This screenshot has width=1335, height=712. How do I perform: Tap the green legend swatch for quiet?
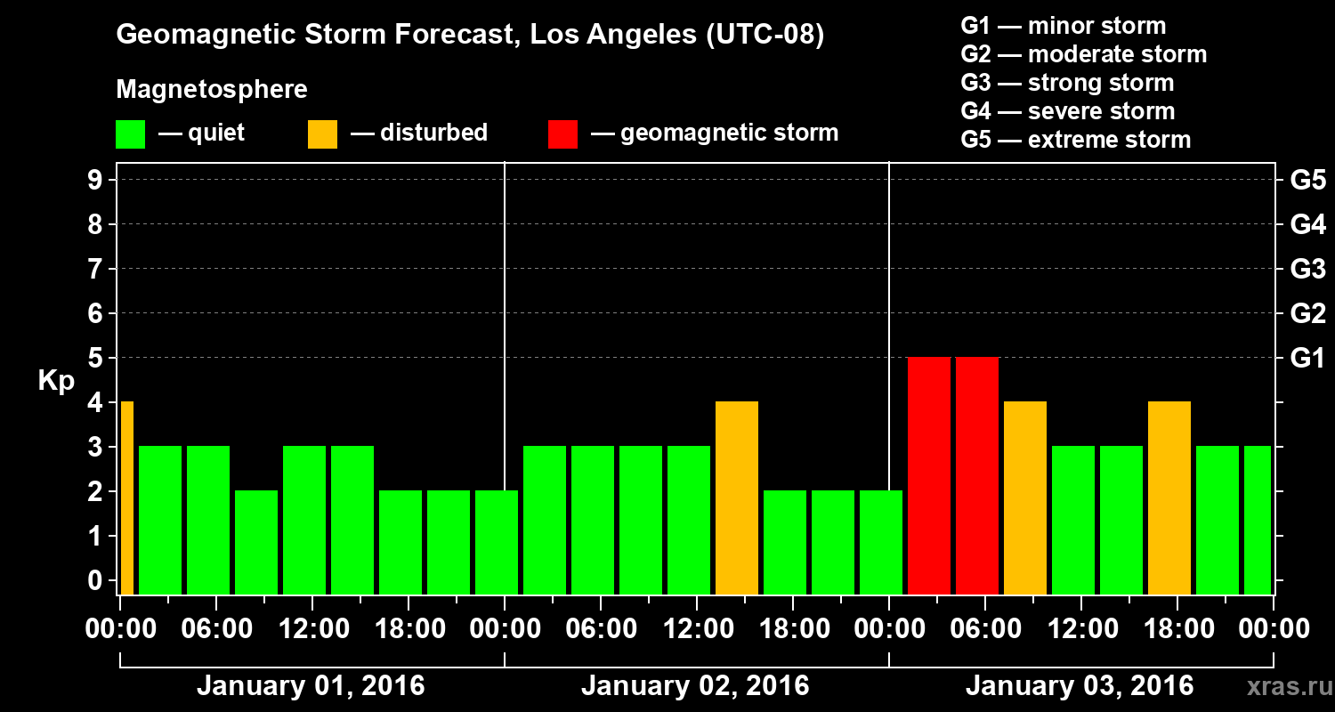click(x=130, y=134)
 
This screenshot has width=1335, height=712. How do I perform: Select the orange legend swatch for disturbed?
click(x=322, y=134)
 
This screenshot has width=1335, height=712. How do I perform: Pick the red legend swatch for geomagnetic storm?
click(x=562, y=134)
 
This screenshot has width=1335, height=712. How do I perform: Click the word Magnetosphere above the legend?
click(x=212, y=90)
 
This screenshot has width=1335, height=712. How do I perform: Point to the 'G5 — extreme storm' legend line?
click(x=1075, y=140)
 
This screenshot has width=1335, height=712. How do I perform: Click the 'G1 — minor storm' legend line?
click(x=1063, y=26)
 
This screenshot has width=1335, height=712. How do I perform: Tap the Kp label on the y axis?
click(x=56, y=380)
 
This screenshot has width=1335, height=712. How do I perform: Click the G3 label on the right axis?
click(x=1307, y=269)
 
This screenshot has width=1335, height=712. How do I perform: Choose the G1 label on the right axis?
click(x=1307, y=358)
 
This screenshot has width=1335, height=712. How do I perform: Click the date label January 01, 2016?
click(x=311, y=686)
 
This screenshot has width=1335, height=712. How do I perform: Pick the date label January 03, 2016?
click(x=1080, y=686)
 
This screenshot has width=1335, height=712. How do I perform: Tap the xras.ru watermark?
click(x=1282, y=687)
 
